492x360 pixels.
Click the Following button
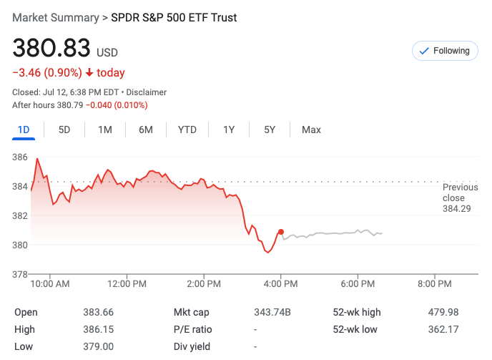point(445,51)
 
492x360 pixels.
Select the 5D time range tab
point(64,130)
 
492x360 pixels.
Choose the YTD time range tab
point(187,130)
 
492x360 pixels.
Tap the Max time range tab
point(311,130)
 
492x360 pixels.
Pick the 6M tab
point(146,130)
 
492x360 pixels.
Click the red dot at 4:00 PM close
point(281,232)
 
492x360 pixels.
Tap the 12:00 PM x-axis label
point(127,284)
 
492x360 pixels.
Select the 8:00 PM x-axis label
point(435,284)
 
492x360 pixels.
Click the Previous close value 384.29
point(457,209)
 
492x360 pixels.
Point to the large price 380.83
point(51,49)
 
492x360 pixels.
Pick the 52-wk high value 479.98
point(443,312)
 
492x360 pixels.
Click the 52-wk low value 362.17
point(443,329)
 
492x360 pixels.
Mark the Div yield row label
point(190,346)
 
